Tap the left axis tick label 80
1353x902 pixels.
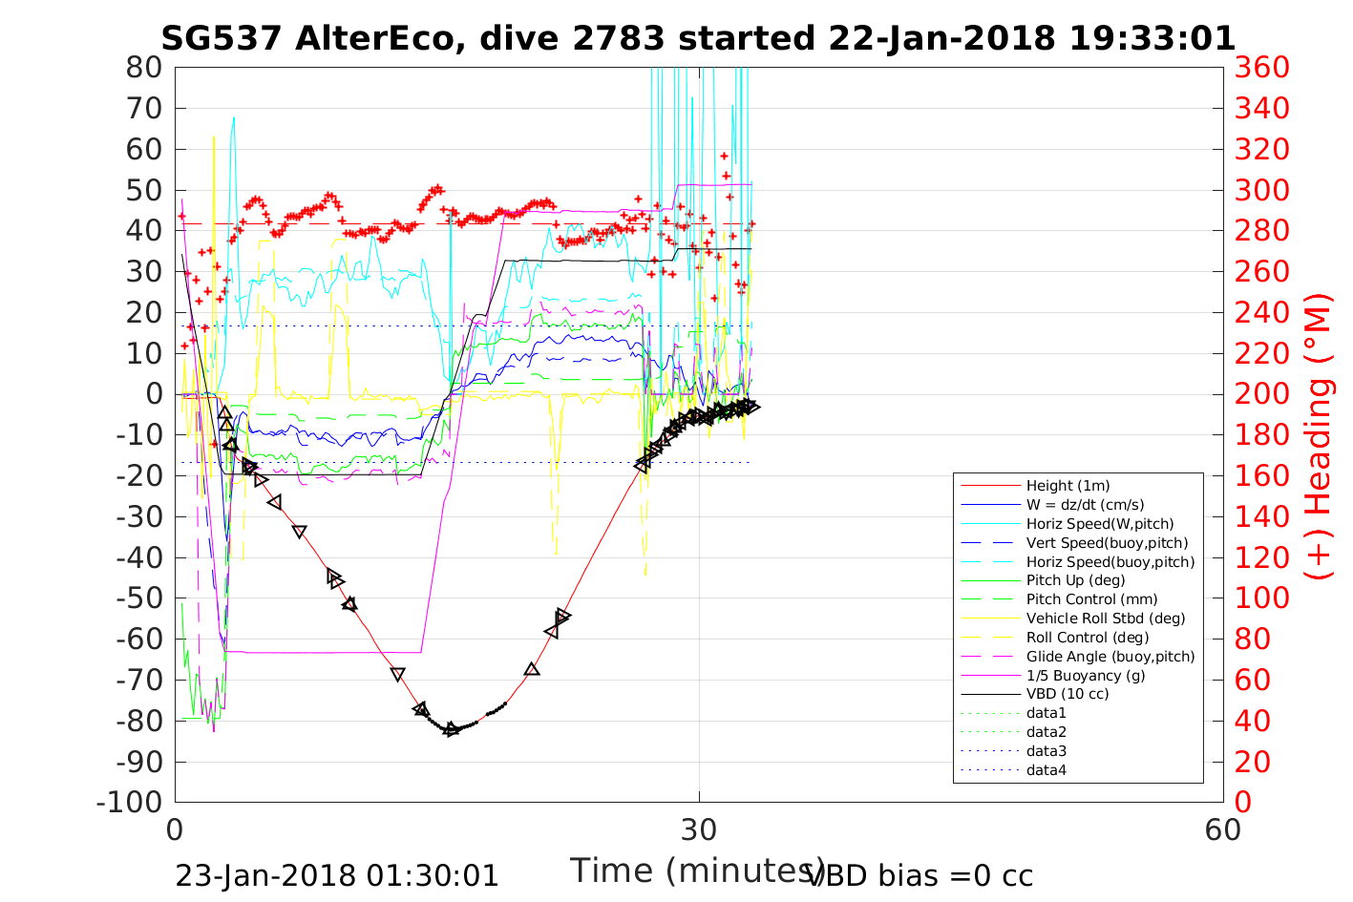(143, 68)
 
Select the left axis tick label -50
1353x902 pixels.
(138, 598)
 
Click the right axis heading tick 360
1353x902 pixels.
(1261, 68)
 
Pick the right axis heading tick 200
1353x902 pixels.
(1261, 394)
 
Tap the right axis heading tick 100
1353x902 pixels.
(1261, 598)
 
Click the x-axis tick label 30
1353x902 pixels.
(699, 829)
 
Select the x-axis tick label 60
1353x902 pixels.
(1223, 829)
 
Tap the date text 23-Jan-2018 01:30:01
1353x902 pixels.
(336, 876)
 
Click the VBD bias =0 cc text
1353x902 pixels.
(920, 876)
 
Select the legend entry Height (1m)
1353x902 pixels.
(1068, 486)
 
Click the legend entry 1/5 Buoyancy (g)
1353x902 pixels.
(1086, 675)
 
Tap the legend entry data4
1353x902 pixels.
(1046, 770)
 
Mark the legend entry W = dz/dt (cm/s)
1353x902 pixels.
(1085, 505)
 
